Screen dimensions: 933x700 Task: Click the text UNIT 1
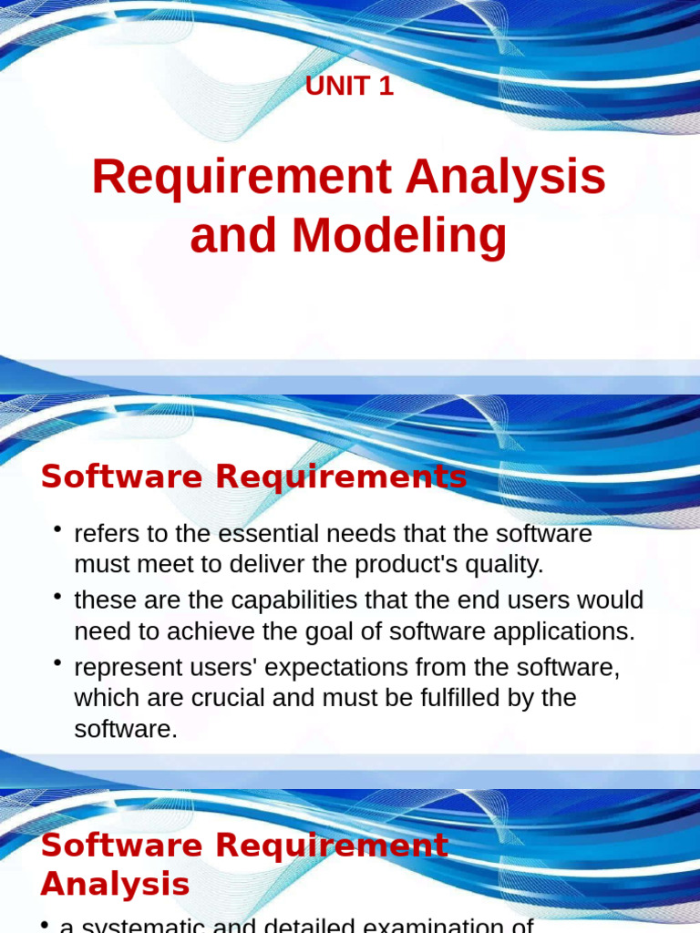(x=349, y=87)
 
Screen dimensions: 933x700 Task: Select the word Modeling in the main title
(x=399, y=235)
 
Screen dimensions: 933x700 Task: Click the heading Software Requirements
(x=253, y=477)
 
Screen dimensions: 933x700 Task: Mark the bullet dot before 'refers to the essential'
(x=57, y=529)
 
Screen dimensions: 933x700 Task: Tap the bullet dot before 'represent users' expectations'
(x=57, y=663)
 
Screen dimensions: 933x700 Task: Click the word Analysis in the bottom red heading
(x=115, y=884)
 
